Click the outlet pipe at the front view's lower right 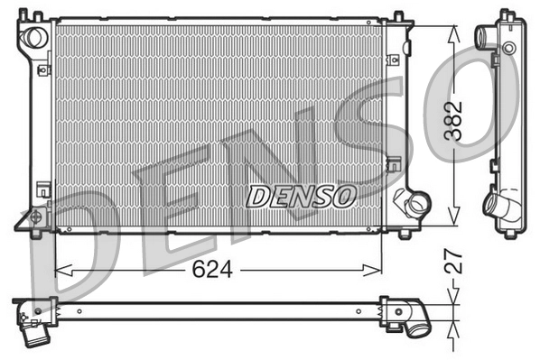pyautogui.click(x=418, y=206)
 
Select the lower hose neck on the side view pyautogui.click(x=498, y=208)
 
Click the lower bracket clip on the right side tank pyautogui.click(x=393, y=164)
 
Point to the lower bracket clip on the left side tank pyautogui.click(x=42, y=189)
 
